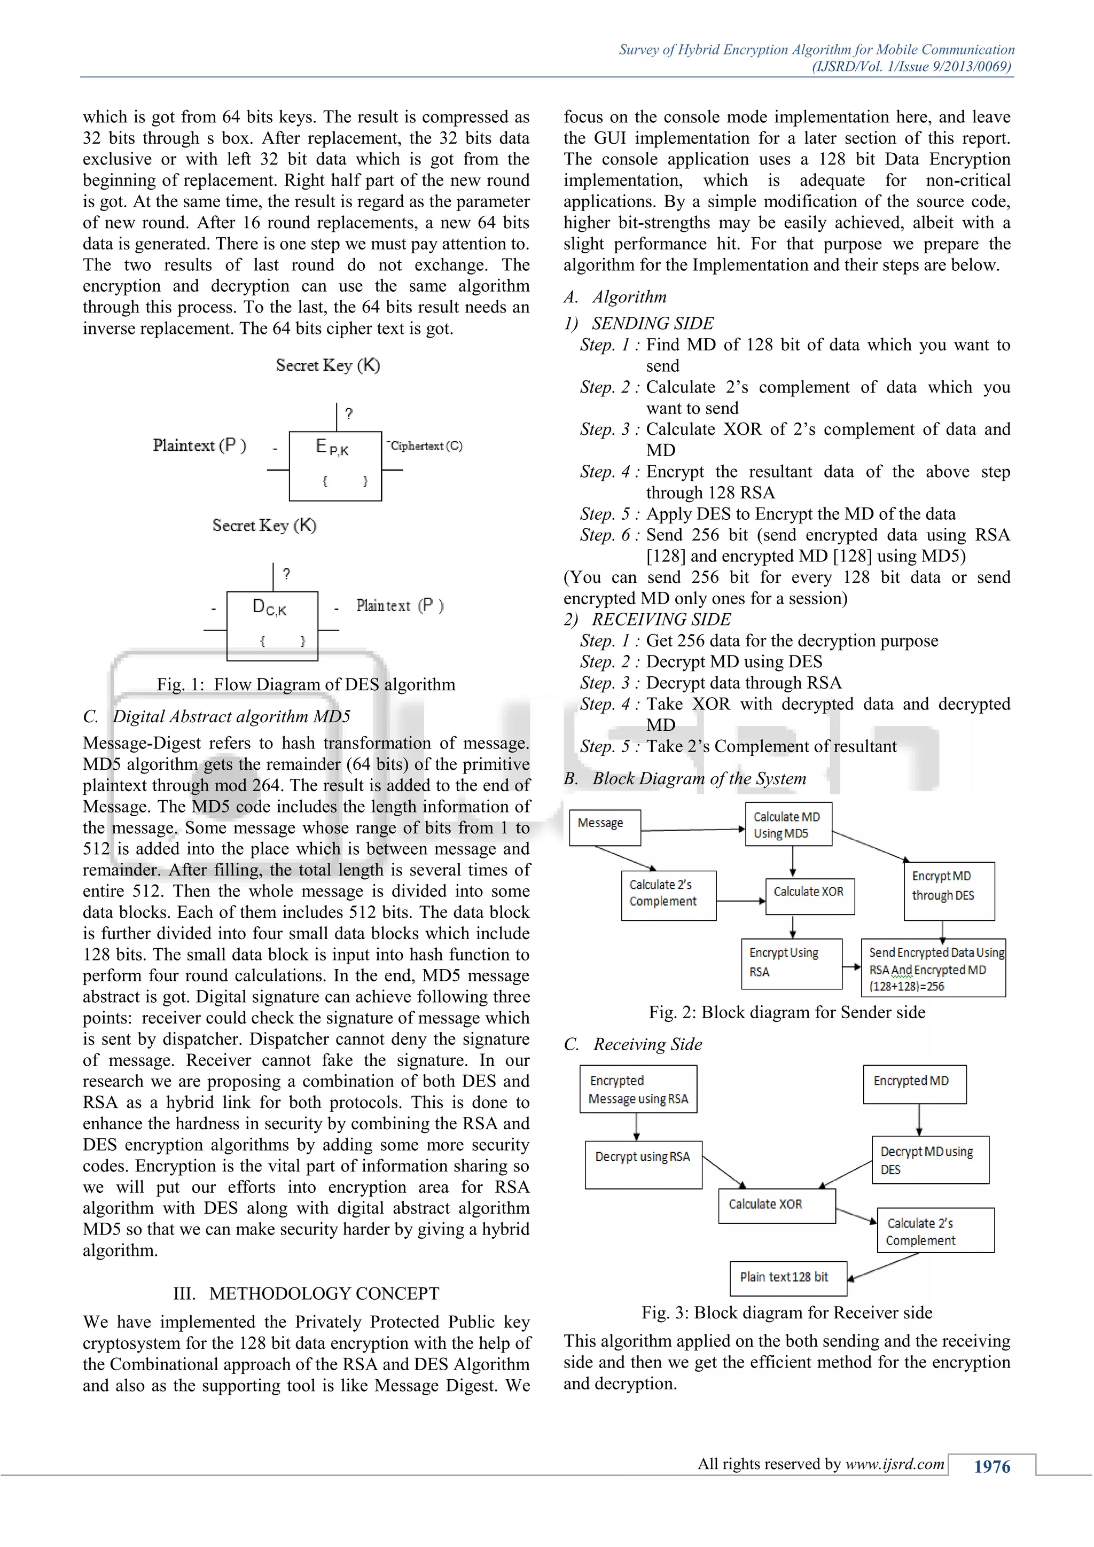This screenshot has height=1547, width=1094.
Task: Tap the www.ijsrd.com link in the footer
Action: point(895,1464)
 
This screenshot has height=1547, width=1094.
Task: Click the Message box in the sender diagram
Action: point(604,827)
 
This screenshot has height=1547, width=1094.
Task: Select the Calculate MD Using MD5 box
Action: point(788,824)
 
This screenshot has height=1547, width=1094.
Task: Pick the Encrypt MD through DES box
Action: point(949,890)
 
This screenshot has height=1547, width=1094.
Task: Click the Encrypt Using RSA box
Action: point(791,963)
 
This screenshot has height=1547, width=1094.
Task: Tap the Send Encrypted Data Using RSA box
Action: point(933,967)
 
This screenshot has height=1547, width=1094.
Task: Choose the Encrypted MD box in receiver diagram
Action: point(914,1083)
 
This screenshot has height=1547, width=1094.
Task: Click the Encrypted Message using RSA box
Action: point(638,1088)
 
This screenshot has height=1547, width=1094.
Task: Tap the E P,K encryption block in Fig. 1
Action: point(335,466)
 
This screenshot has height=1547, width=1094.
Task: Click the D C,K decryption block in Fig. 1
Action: point(272,626)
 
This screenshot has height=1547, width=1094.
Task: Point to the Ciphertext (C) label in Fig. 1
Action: point(426,446)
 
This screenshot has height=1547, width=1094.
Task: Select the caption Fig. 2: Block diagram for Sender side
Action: point(787,1012)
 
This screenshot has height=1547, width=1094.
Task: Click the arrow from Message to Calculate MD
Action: point(692,830)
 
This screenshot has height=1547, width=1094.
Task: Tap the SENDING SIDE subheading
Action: point(652,323)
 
